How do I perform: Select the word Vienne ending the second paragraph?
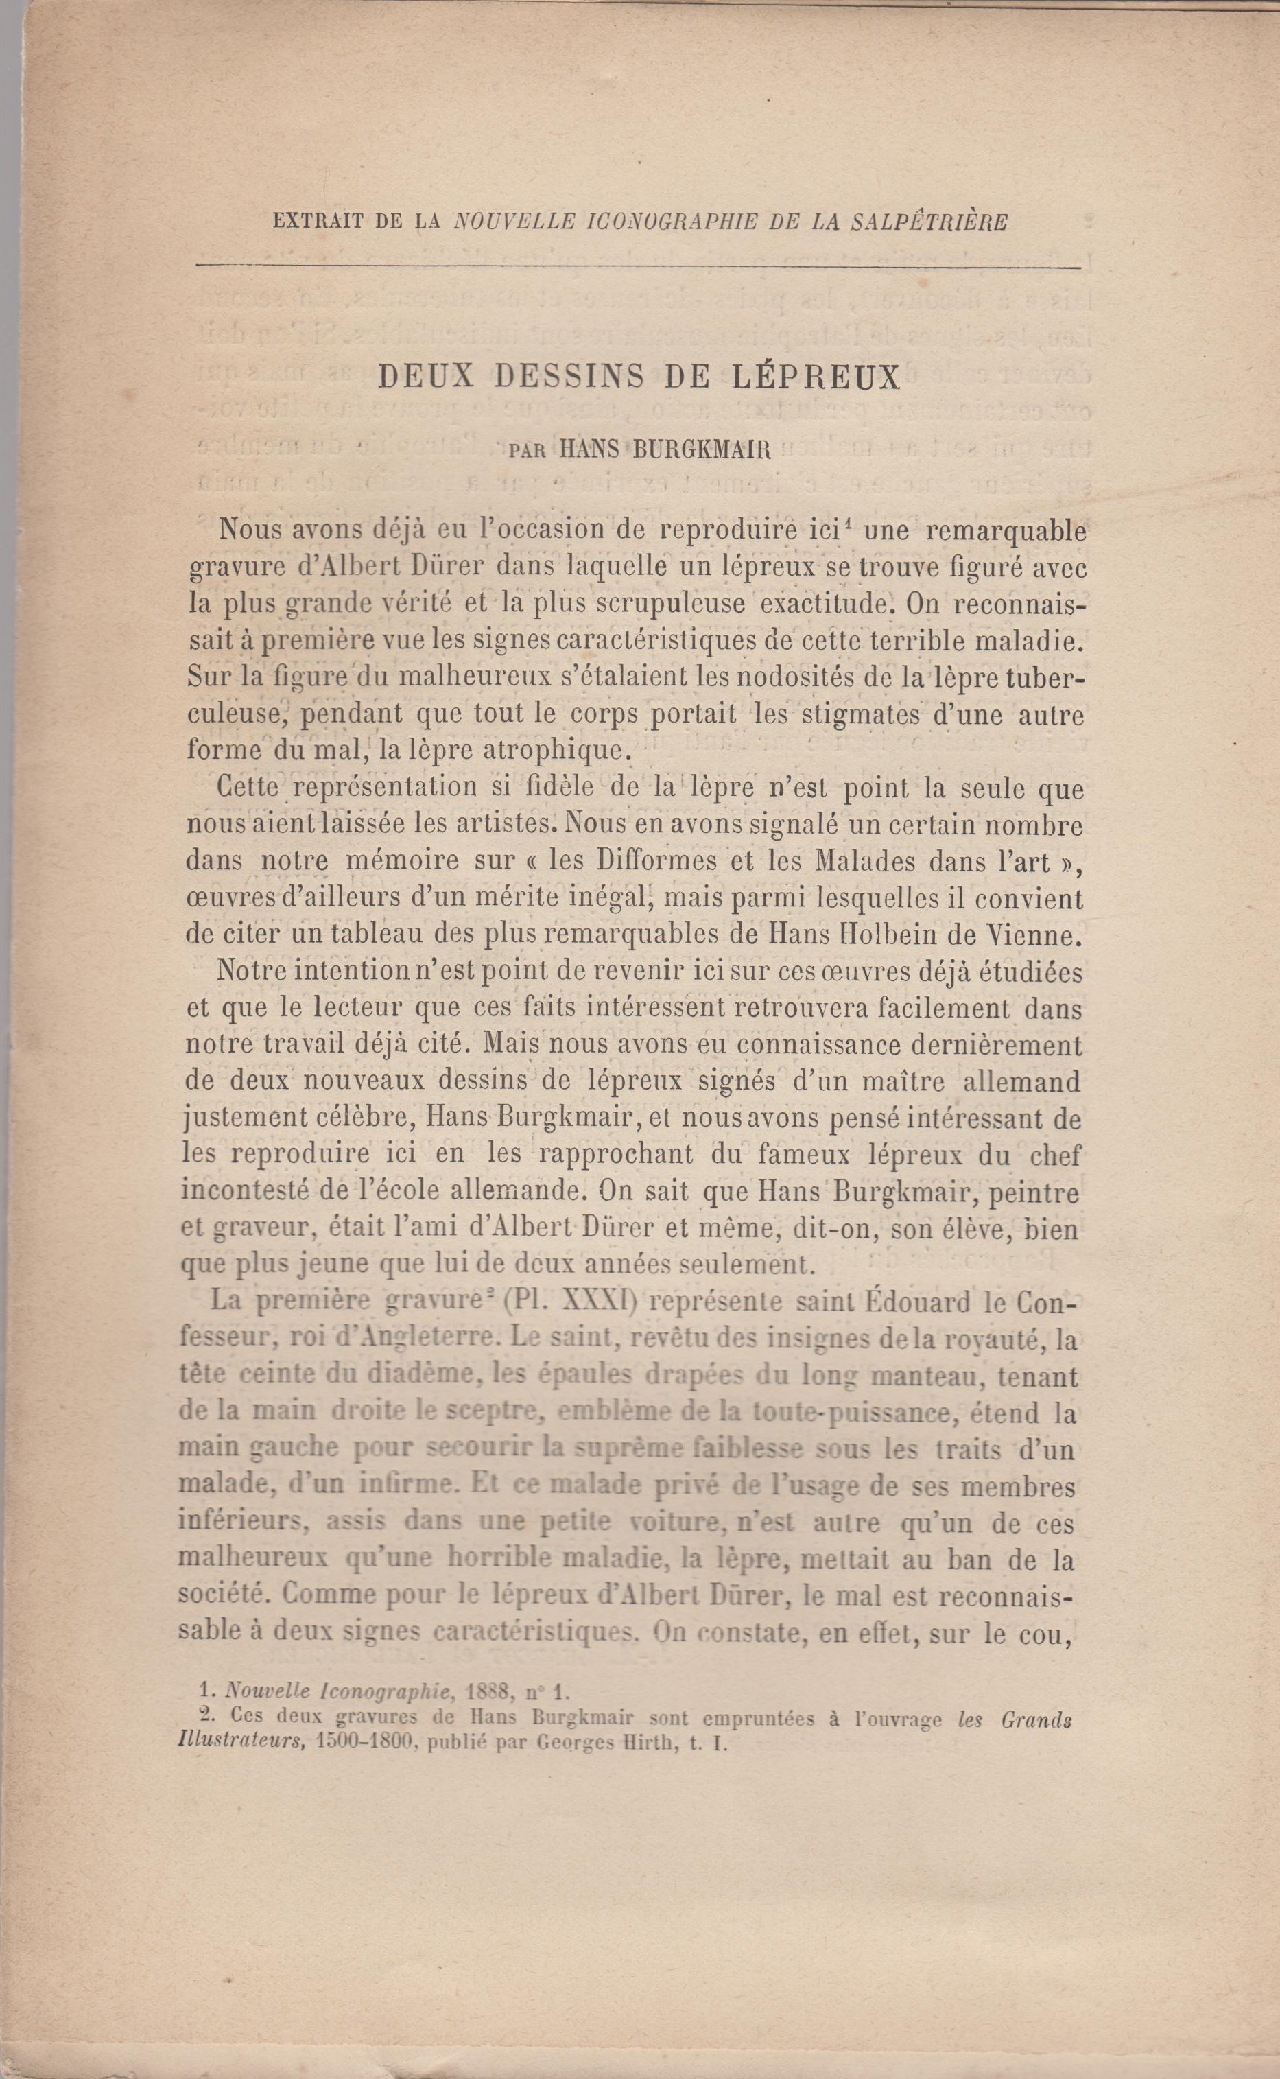tap(1034, 937)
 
